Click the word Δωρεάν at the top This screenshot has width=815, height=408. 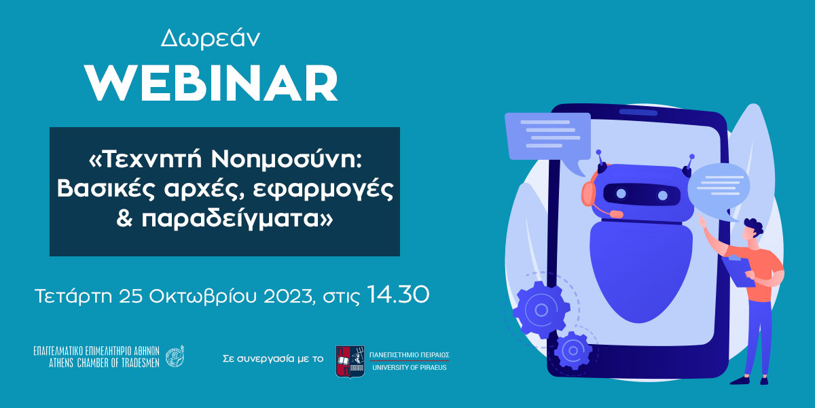(211, 39)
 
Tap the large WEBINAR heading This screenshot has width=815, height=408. (211, 84)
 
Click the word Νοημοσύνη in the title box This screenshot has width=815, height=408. (287, 160)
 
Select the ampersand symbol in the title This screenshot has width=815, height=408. (124, 218)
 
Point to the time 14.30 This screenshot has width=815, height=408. (398, 294)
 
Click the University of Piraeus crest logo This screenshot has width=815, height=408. (350, 361)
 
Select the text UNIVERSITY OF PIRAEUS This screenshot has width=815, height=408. (410, 368)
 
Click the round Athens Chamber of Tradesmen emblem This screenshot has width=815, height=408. (175, 356)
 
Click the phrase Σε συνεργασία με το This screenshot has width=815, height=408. (273, 359)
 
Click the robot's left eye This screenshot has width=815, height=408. (621, 193)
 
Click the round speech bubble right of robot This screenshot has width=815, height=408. (719, 190)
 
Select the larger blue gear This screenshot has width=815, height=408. (541, 310)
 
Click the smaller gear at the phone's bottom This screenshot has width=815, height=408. (573, 350)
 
